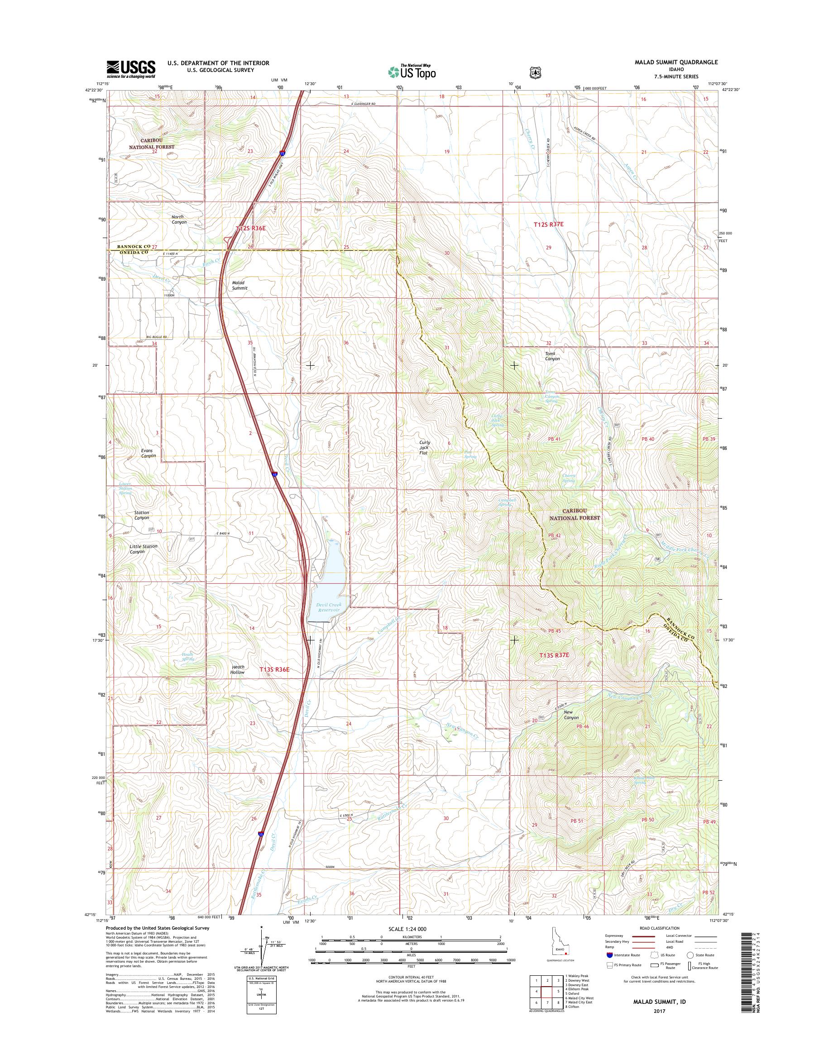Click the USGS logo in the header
[131, 69]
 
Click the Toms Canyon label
[552, 356]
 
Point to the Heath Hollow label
[237, 669]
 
